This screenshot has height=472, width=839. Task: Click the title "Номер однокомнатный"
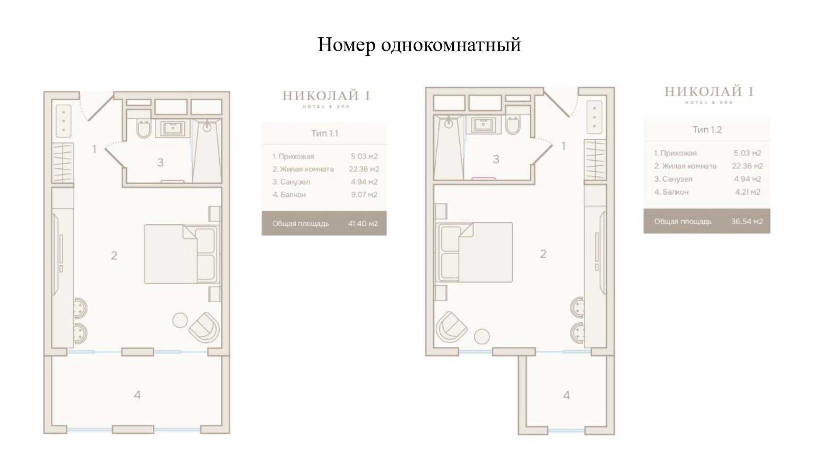[419, 45]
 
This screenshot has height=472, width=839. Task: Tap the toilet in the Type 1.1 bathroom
[143, 129]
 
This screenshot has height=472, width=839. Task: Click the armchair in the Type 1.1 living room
[204, 327]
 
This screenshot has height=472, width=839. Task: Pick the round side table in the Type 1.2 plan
[482, 336]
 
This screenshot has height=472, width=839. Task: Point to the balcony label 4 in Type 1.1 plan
[137, 395]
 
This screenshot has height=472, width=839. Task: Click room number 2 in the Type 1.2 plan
[543, 254]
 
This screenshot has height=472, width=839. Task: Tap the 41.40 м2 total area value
[363, 223]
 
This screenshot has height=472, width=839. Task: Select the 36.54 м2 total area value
[747, 221]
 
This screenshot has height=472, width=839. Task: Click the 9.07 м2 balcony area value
[364, 195]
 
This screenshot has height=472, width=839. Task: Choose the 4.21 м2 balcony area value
[748, 192]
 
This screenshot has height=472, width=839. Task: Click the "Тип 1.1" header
[324, 133]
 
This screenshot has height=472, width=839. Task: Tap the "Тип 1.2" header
[707, 130]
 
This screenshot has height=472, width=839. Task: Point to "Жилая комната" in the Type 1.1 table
[307, 169]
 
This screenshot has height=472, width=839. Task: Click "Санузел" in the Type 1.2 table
[677, 179]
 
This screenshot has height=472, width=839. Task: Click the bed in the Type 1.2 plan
[474, 252]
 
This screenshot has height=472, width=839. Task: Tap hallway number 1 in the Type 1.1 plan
[94, 149]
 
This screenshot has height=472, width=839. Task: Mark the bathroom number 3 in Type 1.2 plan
[496, 159]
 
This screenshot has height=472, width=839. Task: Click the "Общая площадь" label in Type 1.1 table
[300, 223]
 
